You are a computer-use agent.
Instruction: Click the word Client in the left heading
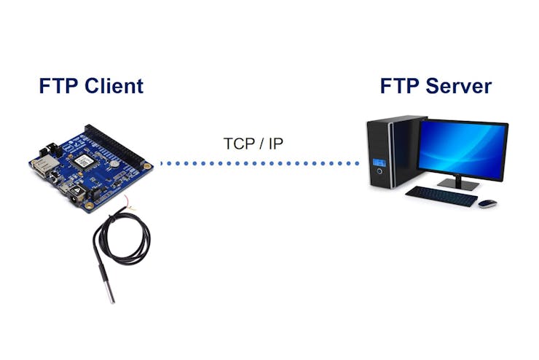tap(114, 85)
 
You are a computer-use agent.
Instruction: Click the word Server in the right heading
tap(459, 85)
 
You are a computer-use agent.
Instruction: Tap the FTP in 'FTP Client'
tap(60, 85)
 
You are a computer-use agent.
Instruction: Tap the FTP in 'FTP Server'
tap(401, 85)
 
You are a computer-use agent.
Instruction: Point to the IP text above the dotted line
tap(275, 144)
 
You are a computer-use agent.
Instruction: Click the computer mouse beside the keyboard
tap(487, 203)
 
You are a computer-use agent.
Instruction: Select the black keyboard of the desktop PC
tap(441, 196)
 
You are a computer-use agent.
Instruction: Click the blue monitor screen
tap(463, 149)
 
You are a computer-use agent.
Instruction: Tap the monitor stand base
tap(458, 185)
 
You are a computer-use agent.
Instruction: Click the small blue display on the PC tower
tap(379, 163)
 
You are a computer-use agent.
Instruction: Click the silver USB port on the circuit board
tap(42, 165)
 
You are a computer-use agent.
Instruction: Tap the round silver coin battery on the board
tap(114, 164)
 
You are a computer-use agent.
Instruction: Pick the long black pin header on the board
tap(115, 145)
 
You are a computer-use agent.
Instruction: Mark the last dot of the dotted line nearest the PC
tap(357, 163)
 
